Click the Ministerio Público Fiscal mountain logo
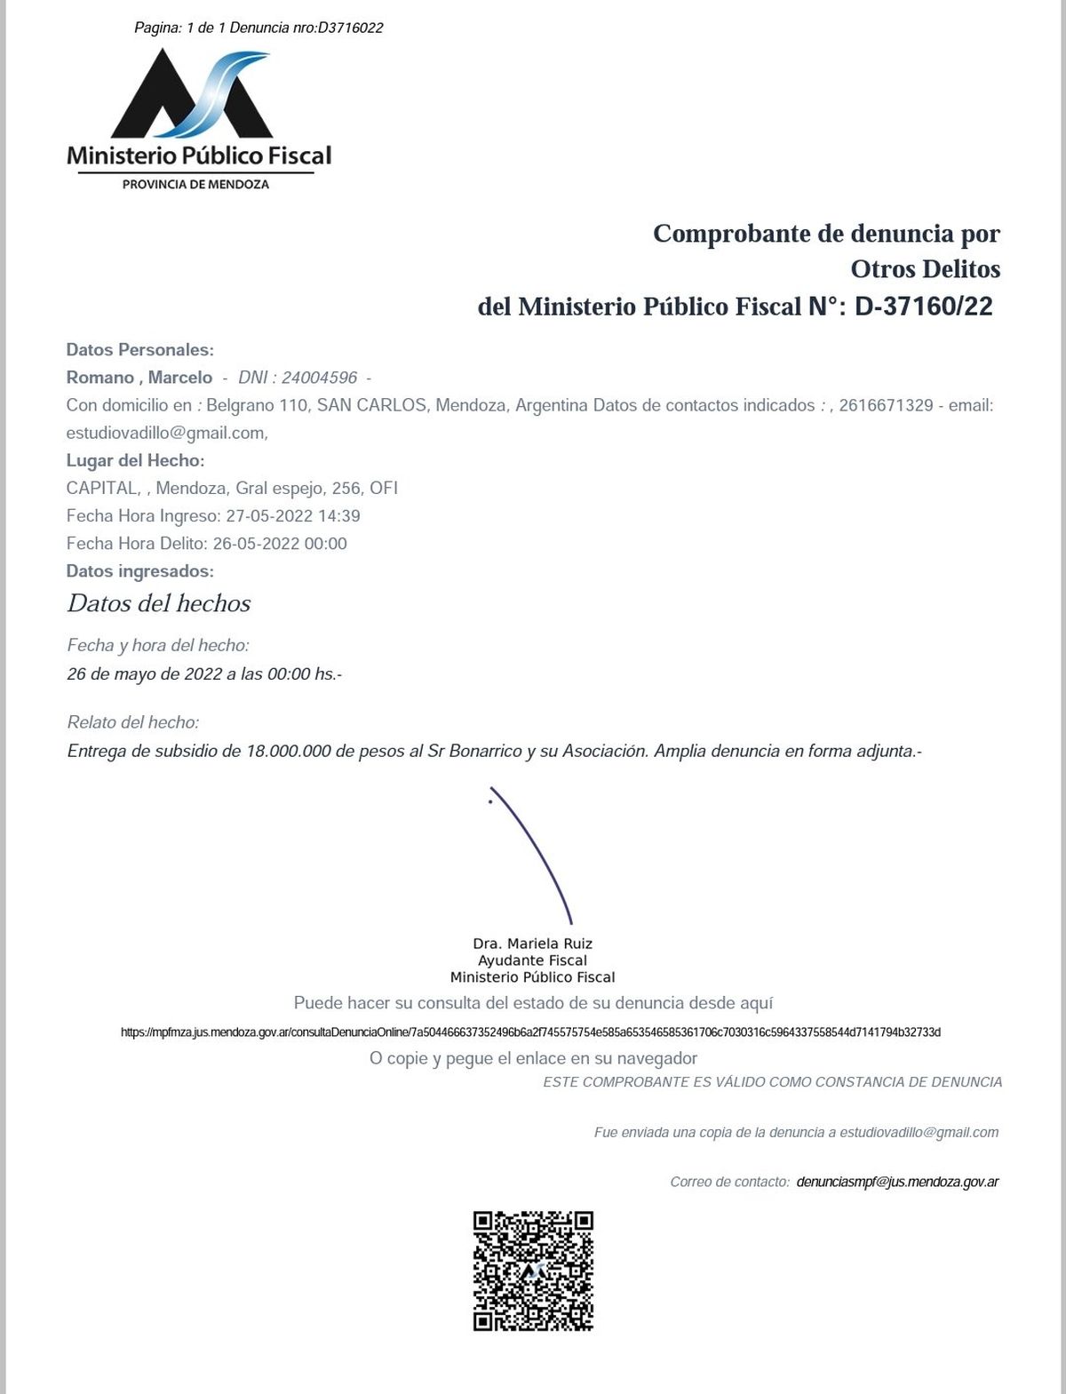[x=192, y=94]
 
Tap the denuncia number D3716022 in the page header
[x=350, y=28]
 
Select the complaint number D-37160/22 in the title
[x=923, y=307]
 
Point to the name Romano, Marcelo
[x=139, y=378]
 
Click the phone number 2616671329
[x=886, y=405]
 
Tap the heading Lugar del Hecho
[x=135, y=460]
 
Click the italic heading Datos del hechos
[x=159, y=603]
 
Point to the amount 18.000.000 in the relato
[x=288, y=751]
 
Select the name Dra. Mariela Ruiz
[x=532, y=944]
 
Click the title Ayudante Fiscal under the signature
[x=532, y=960]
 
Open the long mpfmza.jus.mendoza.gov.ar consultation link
[x=530, y=1032]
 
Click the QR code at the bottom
[x=533, y=1271]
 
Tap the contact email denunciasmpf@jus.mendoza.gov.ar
[x=897, y=1182]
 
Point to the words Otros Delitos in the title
[x=925, y=269]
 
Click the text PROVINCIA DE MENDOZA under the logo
[x=195, y=185]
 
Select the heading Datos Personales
[x=139, y=350]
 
